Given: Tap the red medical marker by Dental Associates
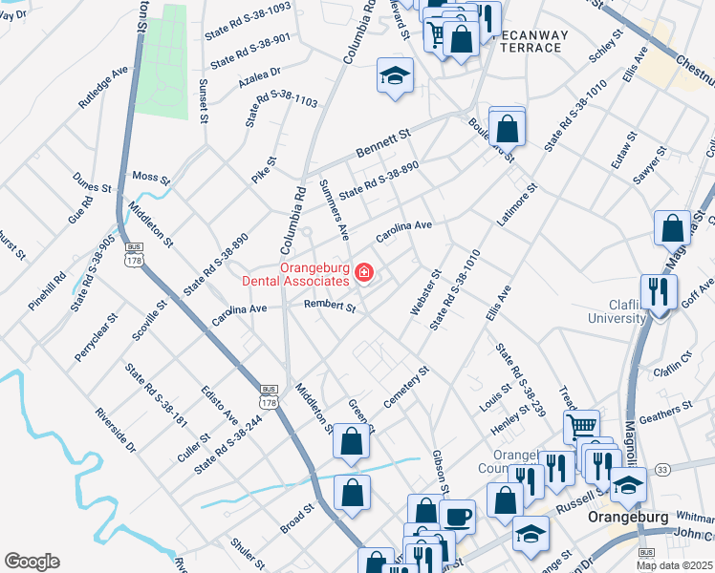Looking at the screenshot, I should coord(363,275).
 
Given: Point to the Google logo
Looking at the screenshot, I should coord(32,562).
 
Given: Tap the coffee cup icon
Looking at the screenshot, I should coord(457,516).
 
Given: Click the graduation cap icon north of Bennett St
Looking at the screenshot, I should coord(393,75).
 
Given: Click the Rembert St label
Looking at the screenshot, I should coord(329,307).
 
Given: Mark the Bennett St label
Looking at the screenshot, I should coord(382,143).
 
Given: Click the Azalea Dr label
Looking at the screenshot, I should coord(260,77).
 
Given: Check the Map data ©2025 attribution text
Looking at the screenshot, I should coord(675,564).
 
